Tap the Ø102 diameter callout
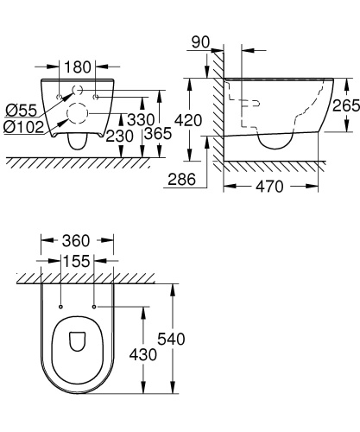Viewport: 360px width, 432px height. (x=24, y=127)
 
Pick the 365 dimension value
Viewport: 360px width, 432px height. (x=156, y=135)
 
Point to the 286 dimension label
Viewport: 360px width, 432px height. (x=181, y=178)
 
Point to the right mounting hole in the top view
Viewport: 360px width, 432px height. (x=93, y=306)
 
